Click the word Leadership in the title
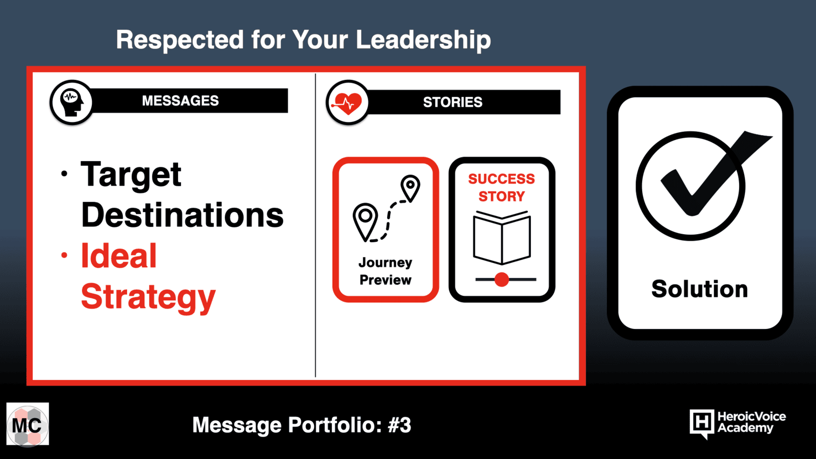[423, 40]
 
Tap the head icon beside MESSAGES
[71, 103]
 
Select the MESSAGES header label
[181, 100]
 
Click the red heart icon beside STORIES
[347, 103]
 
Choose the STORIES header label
[453, 103]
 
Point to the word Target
[131, 175]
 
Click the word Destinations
[182, 215]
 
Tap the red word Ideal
[119, 256]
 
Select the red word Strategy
[148, 297]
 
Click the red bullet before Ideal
[64, 256]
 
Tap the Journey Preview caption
[386, 271]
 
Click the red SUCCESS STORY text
[502, 188]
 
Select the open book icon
[502, 238]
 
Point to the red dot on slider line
[502, 279]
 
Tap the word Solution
[700, 289]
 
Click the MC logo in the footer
[28, 424]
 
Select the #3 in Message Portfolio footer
[400, 425]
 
